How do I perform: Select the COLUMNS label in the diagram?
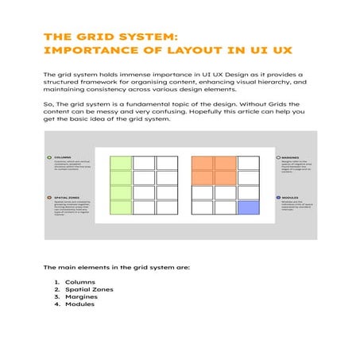click(x=63, y=157)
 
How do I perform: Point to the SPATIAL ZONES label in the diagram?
click(x=68, y=197)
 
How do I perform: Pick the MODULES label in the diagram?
click(x=290, y=197)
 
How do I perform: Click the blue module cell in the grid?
click(x=249, y=207)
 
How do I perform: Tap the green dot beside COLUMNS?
click(x=50, y=157)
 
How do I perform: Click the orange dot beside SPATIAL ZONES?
click(x=50, y=197)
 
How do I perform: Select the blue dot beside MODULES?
click(x=278, y=197)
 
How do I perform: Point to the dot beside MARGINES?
click(x=278, y=157)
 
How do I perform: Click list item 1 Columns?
click(x=79, y=282)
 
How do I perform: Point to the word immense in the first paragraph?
click(x=127, y=74)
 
